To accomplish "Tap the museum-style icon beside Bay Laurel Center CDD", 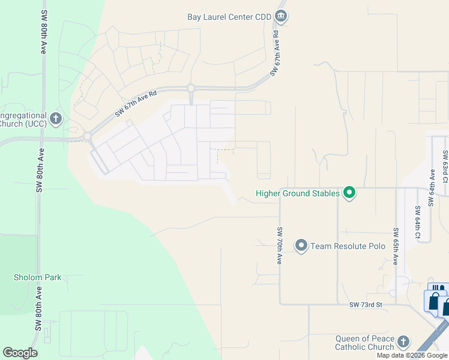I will (280, 16).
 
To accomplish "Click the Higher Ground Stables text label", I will (298, 193).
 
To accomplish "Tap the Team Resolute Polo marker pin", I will (301, 245).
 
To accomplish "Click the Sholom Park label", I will (38, 277).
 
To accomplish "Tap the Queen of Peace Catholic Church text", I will (365, 343).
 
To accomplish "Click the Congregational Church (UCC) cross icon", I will (56, 118).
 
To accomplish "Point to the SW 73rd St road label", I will (366, 305).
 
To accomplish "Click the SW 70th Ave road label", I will (280, 246).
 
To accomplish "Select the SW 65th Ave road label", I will (396, 246).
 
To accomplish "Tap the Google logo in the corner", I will (20, 353).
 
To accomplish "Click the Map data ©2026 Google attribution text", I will (412, 355).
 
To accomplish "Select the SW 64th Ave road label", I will (431, 187).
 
